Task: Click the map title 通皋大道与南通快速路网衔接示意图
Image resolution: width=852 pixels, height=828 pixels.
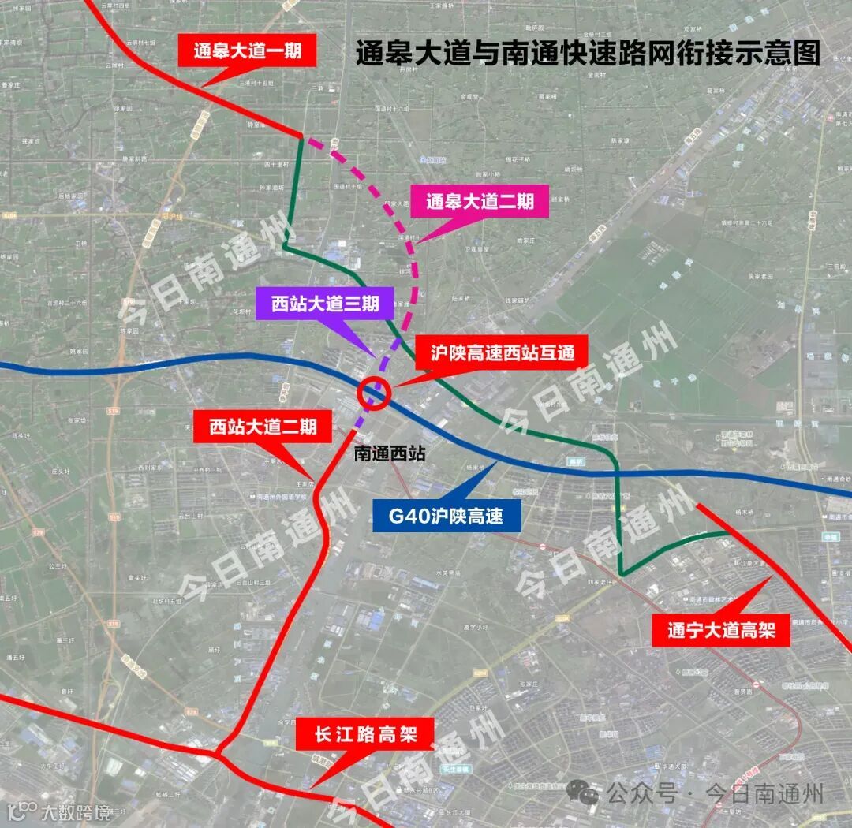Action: pos(588,53)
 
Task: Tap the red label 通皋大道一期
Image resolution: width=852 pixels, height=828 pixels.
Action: pos(255,51)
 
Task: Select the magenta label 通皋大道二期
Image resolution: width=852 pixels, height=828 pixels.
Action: pos(480,202)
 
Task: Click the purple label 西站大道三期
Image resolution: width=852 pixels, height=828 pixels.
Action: pos(325,304)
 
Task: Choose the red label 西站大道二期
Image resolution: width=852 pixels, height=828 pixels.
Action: pos(263,427)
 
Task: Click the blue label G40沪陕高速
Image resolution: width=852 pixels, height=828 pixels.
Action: pos(446,517)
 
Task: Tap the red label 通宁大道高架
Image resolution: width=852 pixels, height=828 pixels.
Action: pos(721,631)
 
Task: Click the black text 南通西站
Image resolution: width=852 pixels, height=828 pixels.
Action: pos(390,453)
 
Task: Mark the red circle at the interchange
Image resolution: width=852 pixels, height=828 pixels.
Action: pos(374,393)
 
